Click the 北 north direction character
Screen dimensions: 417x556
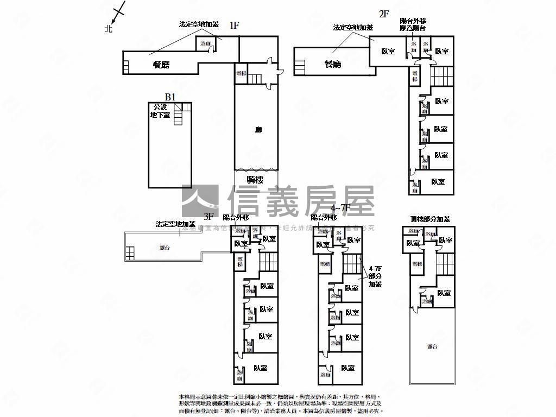coord(108,29)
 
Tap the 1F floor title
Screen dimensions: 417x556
coord(235,25)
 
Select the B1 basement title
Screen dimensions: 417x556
coord(170,97)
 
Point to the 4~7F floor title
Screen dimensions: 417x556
coord(341,208)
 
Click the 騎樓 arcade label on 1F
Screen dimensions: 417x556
coord(255,180)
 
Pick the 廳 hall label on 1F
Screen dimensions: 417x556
coord(258,130)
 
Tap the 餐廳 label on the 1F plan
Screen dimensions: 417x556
coord(161,65)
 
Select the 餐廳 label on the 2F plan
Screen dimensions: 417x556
coord(333,65)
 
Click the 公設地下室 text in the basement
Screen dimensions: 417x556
coord(160,111)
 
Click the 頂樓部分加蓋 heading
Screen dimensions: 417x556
coord(430,219)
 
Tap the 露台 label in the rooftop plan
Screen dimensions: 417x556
coord(432,346)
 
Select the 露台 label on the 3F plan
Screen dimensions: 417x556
coord(165,248)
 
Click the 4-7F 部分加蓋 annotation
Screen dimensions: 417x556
coord(375,276)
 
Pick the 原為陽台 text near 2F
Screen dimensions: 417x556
coord(413,28)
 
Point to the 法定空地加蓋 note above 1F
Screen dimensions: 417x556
coord(199,24)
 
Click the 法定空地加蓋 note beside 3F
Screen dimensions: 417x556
coord(175,224)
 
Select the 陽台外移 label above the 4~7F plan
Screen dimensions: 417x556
coord(325,217)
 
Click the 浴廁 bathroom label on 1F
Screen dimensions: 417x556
coord(205,43)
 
